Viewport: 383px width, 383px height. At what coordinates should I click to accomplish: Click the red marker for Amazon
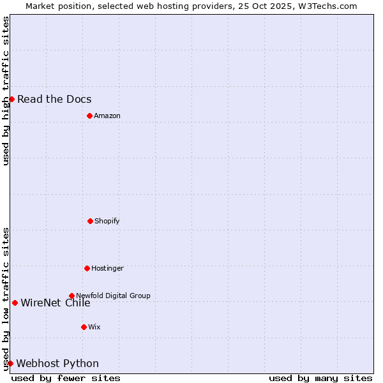coord(89,116)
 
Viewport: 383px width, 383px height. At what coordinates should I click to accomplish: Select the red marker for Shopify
coord(90,221)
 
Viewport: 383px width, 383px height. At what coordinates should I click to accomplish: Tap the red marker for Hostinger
coord(87,268)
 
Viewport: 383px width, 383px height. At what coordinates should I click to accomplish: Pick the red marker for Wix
coord(84,327)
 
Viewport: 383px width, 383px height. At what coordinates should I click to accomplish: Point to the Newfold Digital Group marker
coord(71,296)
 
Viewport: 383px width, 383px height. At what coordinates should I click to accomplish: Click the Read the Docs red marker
coord(11,99)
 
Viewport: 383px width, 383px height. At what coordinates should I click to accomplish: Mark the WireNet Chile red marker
coord(15,303)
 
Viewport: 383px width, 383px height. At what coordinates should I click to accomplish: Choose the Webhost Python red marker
coord(10,363)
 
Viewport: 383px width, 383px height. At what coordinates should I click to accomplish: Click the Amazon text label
coord(107,116)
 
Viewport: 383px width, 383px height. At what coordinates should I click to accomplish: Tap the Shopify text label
coord(107,221)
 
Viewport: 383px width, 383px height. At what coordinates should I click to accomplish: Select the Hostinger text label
coord(107,268)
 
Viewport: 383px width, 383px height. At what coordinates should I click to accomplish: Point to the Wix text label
coord(94,327)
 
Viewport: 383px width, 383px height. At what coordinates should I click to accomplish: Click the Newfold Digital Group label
coord(113,296)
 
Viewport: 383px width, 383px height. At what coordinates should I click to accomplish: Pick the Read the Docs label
coord(54,99)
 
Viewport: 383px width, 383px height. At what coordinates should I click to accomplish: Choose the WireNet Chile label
coord(56,303)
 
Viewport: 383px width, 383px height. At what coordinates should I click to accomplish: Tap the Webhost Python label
coord(57,363)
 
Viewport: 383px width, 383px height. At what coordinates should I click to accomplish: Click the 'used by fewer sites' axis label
coord(66,378)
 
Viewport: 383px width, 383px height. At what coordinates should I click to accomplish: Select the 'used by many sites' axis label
coord(320,378)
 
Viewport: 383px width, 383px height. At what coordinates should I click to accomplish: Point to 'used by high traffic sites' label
coord(6,91)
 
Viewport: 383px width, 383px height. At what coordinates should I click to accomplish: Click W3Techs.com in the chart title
coord(327,6)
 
